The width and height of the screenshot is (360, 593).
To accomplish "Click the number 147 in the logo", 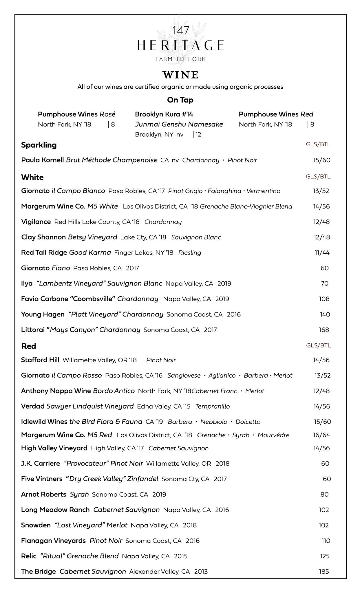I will pos(180,31).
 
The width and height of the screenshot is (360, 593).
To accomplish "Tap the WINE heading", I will pos(180,75).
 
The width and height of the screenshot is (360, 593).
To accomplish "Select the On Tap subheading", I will pos(180,100).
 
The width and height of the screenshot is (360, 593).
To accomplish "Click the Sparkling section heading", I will pos(39,145).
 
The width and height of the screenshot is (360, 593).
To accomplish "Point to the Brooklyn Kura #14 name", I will pos(164,114).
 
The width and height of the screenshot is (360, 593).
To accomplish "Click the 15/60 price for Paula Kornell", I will pos(321,160).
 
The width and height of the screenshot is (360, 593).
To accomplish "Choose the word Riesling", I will pos(190,252).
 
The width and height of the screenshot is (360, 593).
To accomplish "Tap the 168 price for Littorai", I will pos(324,330).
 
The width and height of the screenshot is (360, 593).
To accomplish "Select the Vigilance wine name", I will pos(36,222).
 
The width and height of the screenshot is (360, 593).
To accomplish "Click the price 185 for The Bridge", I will pos(324,571).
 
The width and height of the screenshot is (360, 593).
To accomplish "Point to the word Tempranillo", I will pos(213,406).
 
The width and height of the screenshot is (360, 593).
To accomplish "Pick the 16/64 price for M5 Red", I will pos(322,435).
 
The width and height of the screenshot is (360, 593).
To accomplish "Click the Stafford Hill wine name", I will pos(40,360).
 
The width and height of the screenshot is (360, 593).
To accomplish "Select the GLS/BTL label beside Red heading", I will pos(318,345).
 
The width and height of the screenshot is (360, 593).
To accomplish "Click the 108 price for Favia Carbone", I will pos(324,299).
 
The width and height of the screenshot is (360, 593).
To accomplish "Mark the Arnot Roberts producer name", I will pos(44,494).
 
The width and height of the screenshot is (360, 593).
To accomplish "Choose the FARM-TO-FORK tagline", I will pos(180,59).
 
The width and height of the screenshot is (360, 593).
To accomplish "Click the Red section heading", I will pos(29,346).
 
